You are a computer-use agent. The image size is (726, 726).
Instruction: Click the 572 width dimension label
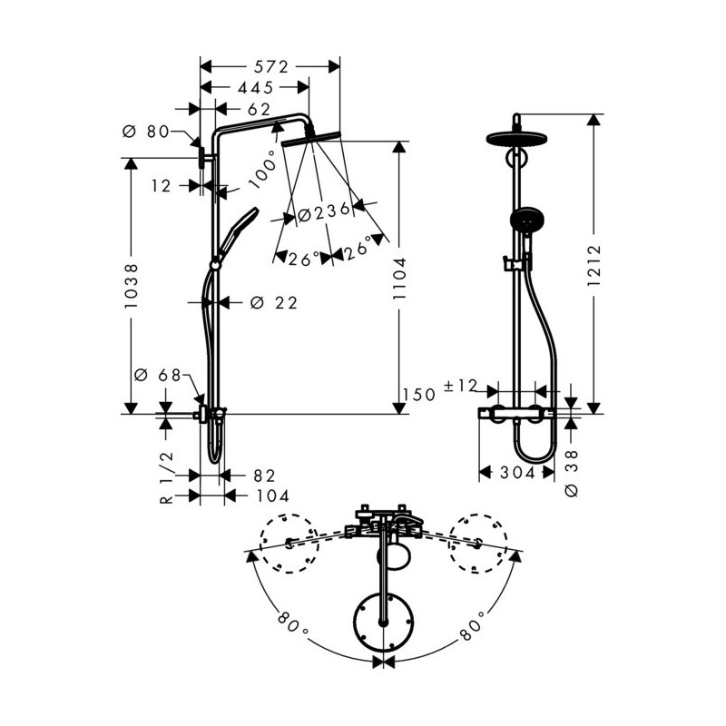[x=270, y=67]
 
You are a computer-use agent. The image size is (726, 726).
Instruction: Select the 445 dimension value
[x=256, y=87]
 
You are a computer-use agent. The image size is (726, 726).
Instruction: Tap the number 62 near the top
[x=259, y=110]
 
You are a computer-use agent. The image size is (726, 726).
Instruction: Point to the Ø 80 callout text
[x=146, y=132]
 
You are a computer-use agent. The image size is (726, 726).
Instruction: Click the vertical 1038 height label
[x=132, y=286]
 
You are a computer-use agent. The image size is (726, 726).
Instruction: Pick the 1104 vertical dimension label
[x=399, y=279]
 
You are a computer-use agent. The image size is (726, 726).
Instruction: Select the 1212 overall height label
[x=594, y=266]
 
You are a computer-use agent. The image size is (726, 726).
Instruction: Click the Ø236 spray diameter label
[x=324, y=212]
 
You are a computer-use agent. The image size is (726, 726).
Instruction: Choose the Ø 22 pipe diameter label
[x=274, y=303]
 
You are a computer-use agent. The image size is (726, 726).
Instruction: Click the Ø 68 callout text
[x=158, y=375]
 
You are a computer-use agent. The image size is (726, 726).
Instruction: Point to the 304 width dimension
[x=517, y=473]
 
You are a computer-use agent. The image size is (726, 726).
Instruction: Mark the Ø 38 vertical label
[x=573, y=473]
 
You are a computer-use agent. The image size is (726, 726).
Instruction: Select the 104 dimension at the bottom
[x=273, y=495]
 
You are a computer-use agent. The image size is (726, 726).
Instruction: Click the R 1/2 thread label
[x=167, y=477]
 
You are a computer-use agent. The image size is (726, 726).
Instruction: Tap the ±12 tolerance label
[x=460, y=386]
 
